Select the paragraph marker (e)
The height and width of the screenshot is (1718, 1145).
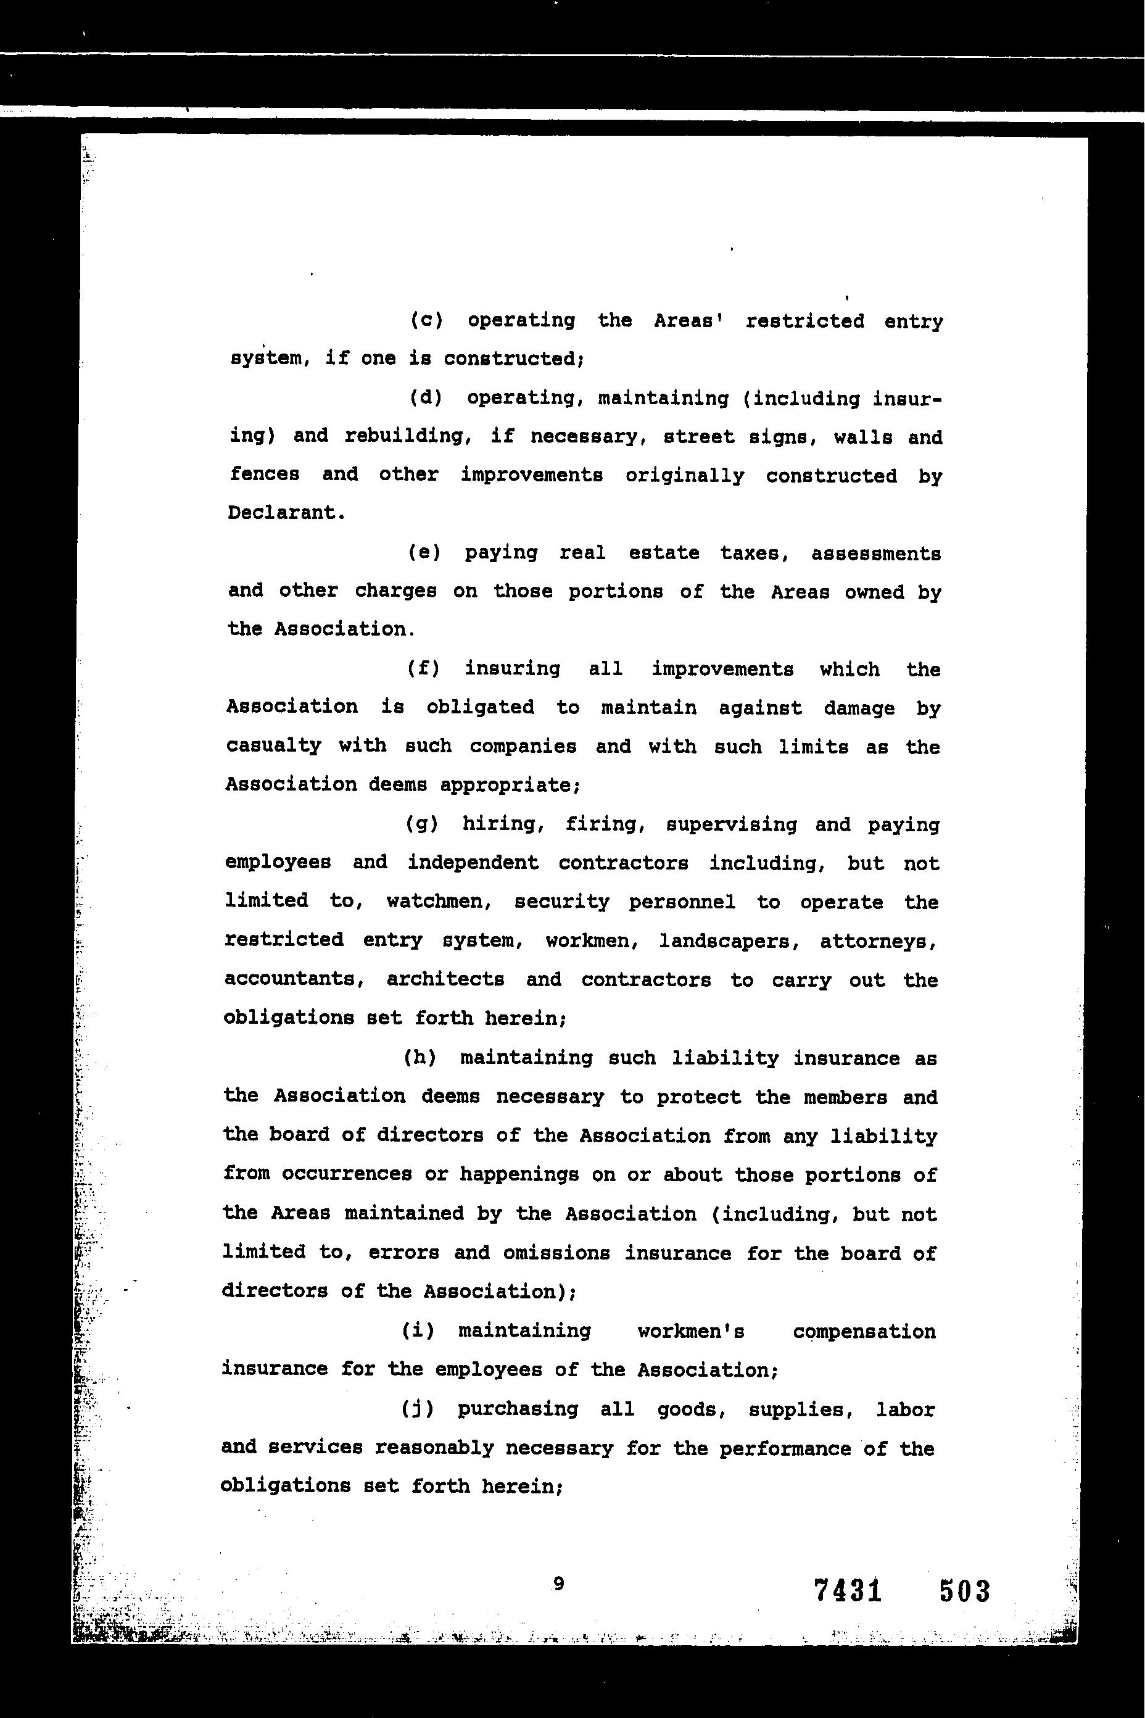pos(424,553)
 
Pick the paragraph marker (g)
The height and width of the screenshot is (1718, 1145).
pos(421,824)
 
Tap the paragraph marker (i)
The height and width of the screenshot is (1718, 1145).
pos(418,1330)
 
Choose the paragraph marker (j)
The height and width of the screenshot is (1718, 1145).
pos(418,1408)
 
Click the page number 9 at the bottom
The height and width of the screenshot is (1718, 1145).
pos(559,1583)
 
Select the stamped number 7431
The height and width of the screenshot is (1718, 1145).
pos(848,1590)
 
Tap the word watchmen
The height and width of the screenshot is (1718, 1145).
pos(439,902)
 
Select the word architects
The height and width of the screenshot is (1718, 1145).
pos(445,979)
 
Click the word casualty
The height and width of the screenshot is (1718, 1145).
pos(273,746)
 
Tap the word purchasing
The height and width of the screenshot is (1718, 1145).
pos(518,1408)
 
